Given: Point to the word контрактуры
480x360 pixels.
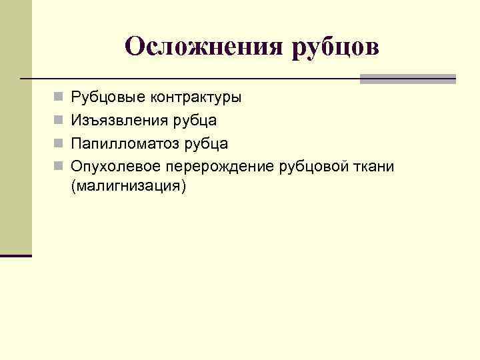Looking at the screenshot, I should tap(195, 98).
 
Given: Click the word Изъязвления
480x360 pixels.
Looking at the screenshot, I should tap(115, 121).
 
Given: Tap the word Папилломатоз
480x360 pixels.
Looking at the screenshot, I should tap(121, 143).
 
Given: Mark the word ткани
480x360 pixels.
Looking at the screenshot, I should tap(369, 166).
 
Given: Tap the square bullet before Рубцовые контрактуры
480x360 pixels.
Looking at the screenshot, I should tap(58, 98).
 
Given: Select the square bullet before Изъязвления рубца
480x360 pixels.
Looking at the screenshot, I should tap(58, 121).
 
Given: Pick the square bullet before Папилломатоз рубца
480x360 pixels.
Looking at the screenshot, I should tap(58, 143).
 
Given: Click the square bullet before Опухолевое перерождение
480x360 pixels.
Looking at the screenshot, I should tap(58, 166).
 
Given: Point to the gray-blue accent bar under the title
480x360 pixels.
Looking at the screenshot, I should tap(407, 79).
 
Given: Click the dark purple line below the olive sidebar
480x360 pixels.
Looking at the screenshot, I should tap(16, 255).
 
